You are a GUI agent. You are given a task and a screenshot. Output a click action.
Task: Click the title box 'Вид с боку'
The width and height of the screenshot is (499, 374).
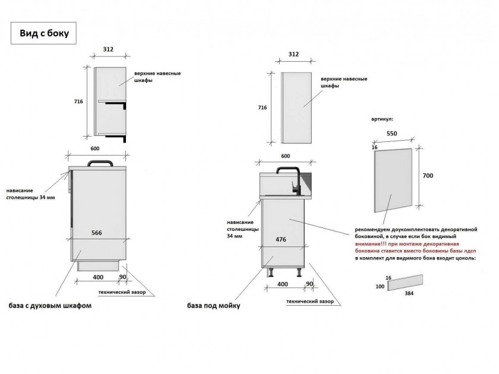[x=43, y=33]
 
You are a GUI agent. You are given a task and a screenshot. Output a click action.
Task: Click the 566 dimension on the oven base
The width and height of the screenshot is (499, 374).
[x=97, y=233]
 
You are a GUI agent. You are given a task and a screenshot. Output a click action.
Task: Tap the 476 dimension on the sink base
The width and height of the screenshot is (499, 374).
[x=280, y=239]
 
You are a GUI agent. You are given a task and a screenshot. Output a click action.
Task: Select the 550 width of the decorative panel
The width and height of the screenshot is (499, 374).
[x=391, y=134]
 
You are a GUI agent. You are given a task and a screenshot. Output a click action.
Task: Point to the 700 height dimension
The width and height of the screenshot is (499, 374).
[x=428, y=176]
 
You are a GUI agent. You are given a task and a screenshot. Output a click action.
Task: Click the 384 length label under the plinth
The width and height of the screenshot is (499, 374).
[x=409, y=293]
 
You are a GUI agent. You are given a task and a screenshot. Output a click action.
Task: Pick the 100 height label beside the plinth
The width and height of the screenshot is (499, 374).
[x=380, y=287]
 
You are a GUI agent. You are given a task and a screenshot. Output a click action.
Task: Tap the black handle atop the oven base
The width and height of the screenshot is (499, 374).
[x=100, y=163]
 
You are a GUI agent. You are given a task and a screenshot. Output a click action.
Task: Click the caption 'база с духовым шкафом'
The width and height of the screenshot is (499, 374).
[x=50, y=306]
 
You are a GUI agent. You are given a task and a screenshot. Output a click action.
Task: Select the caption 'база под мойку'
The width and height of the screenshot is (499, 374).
[x=213, y=306]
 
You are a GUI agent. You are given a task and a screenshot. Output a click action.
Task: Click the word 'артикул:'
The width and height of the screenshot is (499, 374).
[x=382, y=119]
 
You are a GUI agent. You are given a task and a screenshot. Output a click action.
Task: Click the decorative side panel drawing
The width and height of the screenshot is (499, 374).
[x=393, y=180]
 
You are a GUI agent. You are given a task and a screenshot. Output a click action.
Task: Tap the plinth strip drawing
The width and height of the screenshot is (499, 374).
[x=405, y=283]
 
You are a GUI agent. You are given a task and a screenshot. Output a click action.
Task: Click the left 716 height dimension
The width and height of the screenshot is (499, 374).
[x=78, y=102]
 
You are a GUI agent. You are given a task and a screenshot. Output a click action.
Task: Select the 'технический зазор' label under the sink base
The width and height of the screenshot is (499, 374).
[x=310, y=301]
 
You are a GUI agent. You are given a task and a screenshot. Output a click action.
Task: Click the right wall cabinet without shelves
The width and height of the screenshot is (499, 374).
[x=296, y=108]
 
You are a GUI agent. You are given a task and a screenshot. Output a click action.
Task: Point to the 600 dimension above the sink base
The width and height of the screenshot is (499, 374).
[x=286, y=156]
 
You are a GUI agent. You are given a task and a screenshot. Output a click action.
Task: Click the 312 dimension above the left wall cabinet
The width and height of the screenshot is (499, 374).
[x=108, y=49]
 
